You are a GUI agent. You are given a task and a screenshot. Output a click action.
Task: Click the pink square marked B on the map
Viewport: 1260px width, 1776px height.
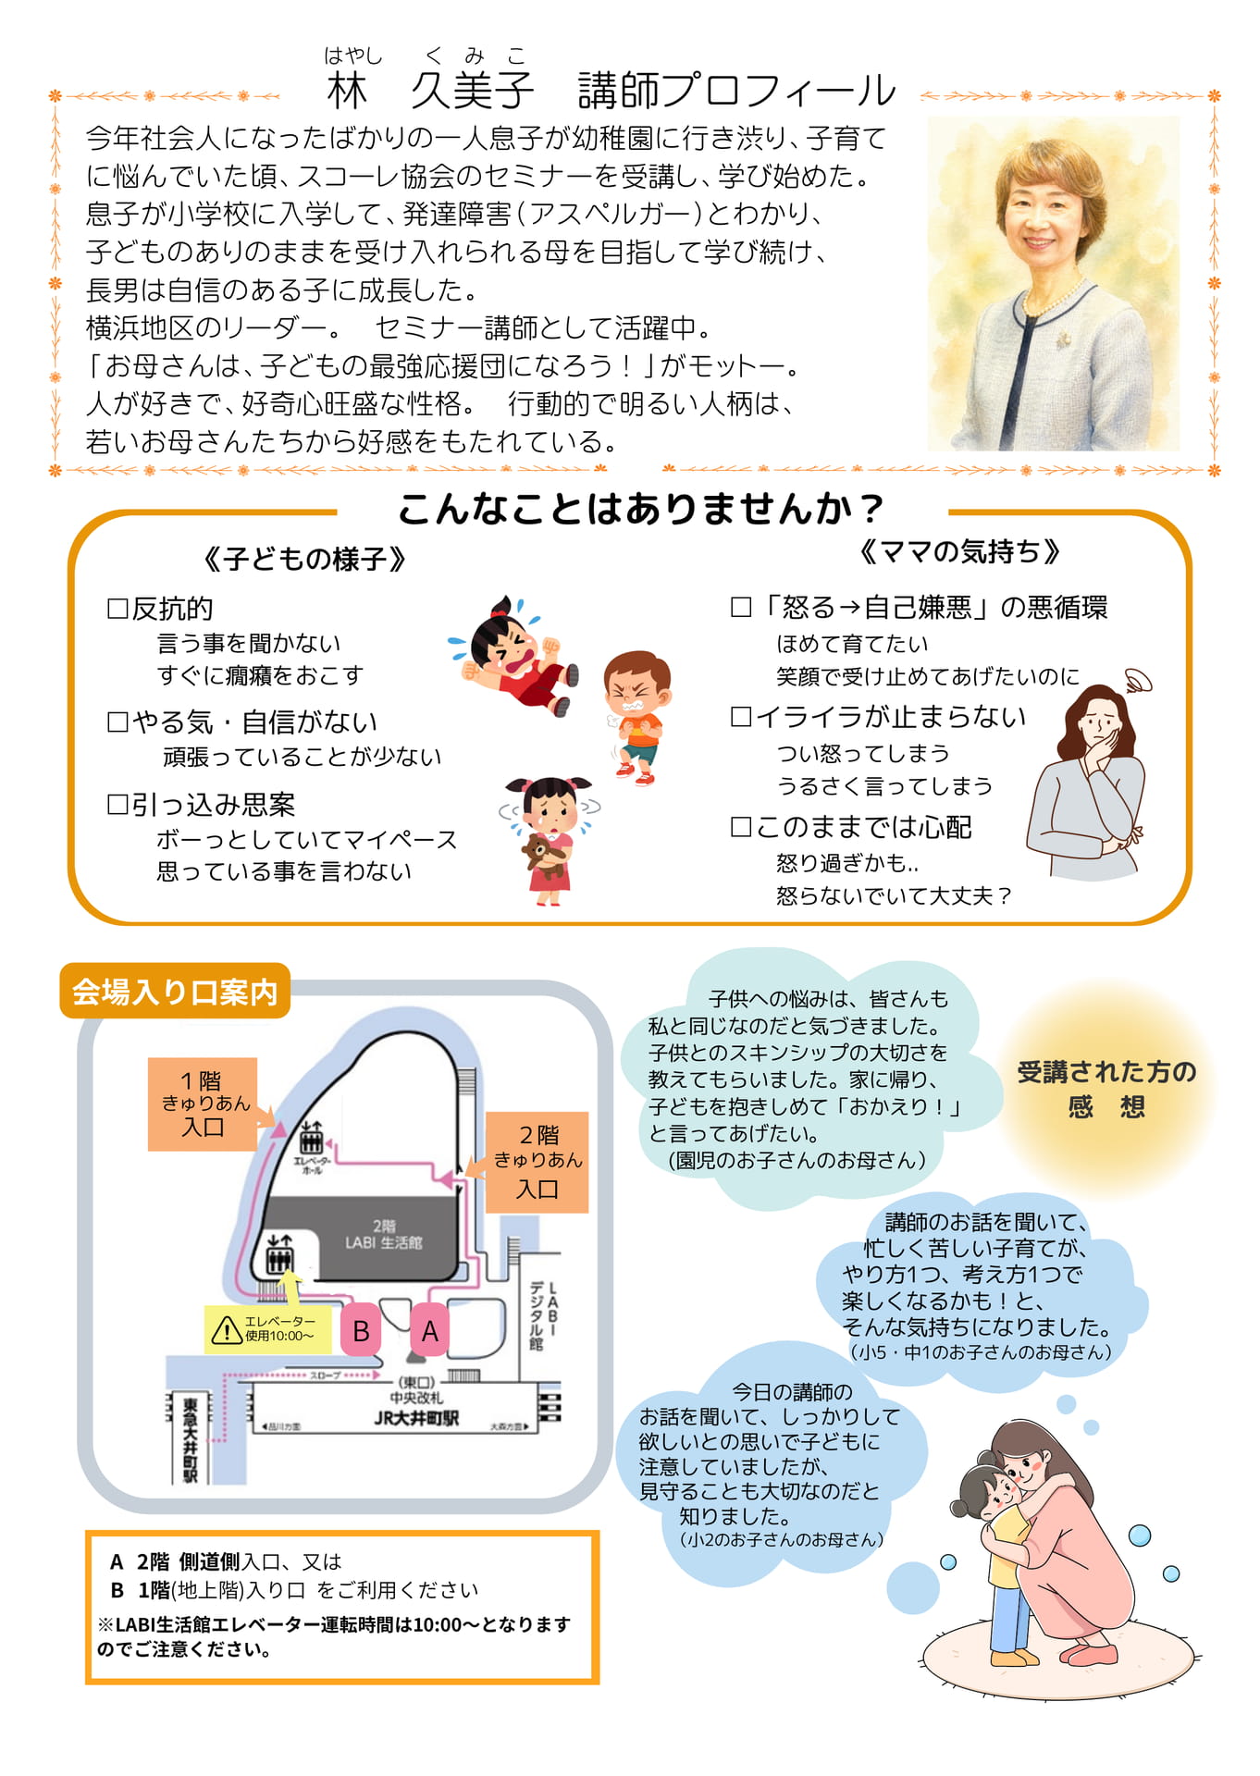[x=361, y=1330]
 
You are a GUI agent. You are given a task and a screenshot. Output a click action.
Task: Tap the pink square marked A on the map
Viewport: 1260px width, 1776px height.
[x=430, y=1330]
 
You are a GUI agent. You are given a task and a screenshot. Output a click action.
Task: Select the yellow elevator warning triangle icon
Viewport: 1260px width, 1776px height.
[x=227, y=1330]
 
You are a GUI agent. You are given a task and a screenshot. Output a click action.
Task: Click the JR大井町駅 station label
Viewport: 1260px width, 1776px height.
[x=416, y=1418]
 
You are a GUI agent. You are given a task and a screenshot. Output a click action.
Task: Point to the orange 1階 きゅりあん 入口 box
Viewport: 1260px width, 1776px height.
[x=203, y=1104]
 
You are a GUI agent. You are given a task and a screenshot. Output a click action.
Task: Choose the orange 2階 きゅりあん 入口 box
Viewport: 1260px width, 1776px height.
[x=537, y=1162]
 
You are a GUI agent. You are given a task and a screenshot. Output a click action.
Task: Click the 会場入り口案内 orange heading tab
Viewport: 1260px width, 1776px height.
[x=175, y=992]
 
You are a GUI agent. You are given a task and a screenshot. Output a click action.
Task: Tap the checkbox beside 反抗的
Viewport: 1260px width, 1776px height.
[x=117, y=609]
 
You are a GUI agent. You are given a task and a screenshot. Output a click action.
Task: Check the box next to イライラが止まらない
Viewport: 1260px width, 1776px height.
[x=741, y=717]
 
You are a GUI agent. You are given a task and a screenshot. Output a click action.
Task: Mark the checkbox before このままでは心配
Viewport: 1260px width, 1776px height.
[x=741, y=827]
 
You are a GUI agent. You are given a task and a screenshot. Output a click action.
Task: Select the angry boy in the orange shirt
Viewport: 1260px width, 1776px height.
[x=636, y=717]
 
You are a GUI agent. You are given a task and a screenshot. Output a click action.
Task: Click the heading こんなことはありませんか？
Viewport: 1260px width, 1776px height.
[x=641, y=509]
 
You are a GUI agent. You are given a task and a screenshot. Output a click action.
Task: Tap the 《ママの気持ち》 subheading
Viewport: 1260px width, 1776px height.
[x=958, y=552]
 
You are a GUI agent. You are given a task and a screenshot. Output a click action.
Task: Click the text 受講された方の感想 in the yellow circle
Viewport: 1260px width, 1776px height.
[x=1106, y=1089]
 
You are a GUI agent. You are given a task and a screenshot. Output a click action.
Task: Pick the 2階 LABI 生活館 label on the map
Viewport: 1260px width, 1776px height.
[x=384, y=1235]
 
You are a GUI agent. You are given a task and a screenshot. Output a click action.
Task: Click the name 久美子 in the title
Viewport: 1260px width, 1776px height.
[x=472, y=90]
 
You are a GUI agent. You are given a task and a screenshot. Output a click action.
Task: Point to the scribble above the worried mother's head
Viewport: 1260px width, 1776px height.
[x=1137, y=682]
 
